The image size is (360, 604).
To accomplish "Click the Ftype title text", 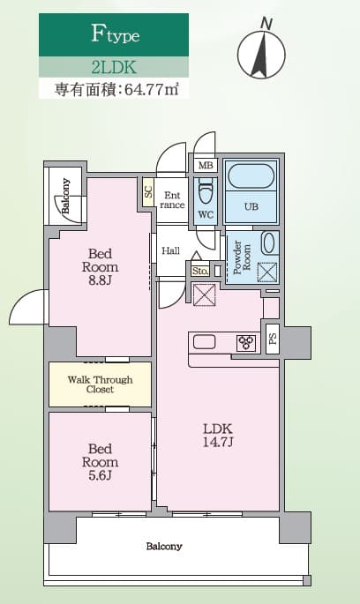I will [x=116, y=35].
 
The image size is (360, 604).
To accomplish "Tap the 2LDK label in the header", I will [x=114, y=66].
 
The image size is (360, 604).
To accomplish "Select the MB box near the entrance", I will [x=205, y=165].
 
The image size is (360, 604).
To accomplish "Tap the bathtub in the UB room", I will [x=251, y=175].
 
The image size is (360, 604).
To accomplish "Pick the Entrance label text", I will [x=172, y=200].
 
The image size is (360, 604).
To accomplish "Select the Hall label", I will [x=170, y=251].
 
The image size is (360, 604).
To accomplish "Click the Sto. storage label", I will [x=199, y=271].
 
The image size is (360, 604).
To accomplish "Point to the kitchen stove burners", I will [x=244, y=342].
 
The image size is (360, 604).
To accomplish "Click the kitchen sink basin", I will [x=203, y=342].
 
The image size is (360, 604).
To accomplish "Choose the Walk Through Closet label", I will [x=100, y=384].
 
